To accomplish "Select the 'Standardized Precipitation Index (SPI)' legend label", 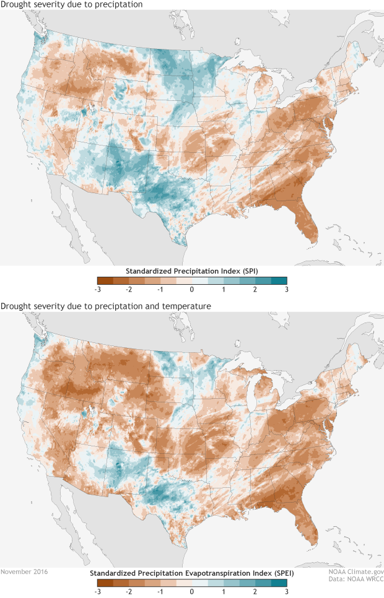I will tap(192, 271).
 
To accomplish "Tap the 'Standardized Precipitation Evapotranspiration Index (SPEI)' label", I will tap(192, 573).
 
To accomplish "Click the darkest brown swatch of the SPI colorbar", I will tap(105, 280).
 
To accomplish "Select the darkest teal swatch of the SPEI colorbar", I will tap(279, 583).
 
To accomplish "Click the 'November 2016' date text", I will tap(24, 572).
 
